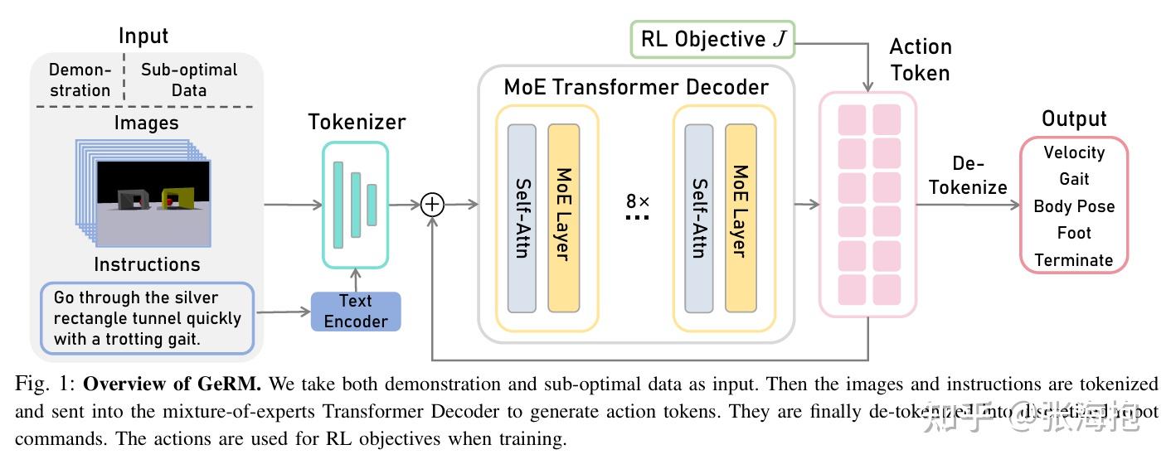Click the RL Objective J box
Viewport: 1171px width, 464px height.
[x=712, y=40]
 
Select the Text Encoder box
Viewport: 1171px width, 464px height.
[x=356, y=312]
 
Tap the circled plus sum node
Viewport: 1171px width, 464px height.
[x=433, y=204]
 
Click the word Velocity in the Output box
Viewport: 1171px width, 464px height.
[x=1074, y=152]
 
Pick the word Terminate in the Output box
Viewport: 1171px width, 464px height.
[x=1074, y=260]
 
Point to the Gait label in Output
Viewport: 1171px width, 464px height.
[x=1074, y=179]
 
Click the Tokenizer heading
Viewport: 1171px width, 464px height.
[x=357, y=123]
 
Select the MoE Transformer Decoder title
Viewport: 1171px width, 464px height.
[x=636, y=87]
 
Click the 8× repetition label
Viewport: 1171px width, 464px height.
[x=638, y=201]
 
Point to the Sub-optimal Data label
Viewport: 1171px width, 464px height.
[x=189, y=80]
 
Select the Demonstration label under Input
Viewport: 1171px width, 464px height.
[x=80, y=80]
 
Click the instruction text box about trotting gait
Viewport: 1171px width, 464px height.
[x=147, y=318]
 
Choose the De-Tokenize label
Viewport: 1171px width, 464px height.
[x=968, y=176]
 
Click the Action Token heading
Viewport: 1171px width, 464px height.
[x=920, y=60]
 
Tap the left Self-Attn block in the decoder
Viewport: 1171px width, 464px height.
[x=522, y=218]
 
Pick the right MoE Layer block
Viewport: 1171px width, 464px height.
[x=741, y=218]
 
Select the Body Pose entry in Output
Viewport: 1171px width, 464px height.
[x=1074, y=206]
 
